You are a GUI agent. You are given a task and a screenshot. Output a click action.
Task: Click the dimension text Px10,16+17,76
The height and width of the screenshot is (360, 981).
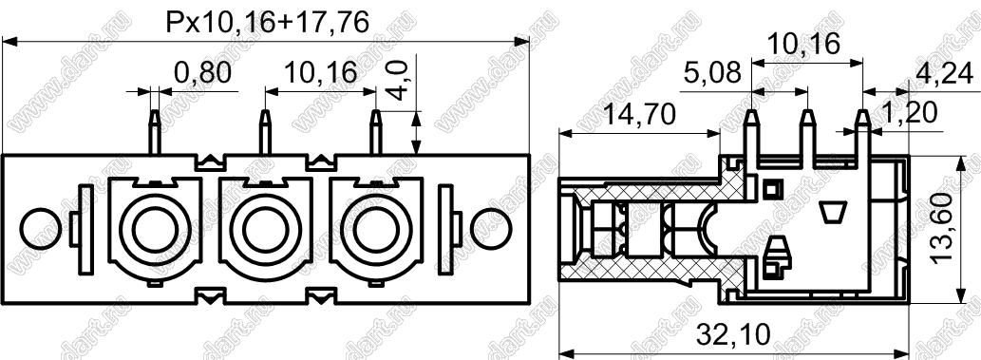point(267,23)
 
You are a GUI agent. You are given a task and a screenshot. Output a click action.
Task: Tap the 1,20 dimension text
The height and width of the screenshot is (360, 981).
point(910,114)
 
